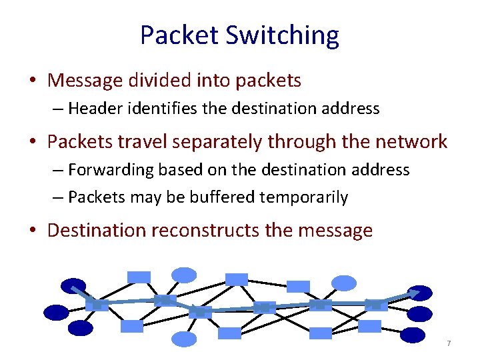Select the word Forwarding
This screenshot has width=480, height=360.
click(111, 170)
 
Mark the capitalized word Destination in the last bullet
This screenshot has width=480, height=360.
click(97, 231)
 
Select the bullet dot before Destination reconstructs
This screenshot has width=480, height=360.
click(32, 231)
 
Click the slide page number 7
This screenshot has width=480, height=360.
click(449, 343)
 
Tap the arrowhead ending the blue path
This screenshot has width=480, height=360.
click(415, 292)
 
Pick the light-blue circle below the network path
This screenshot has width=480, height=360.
click(184, 339)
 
